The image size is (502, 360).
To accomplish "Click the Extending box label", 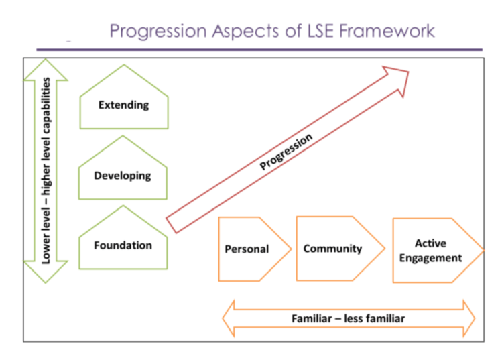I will (x=123, y=105).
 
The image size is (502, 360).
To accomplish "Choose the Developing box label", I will (x=123, y=176).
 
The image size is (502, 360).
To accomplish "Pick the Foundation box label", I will (x=123, y=245).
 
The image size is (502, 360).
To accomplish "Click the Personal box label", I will (x=247, y=249).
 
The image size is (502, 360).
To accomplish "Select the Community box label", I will (x=332, y=249).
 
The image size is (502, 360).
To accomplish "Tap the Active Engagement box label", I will (x=430, y=251).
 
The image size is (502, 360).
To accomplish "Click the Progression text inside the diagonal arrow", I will (x=286, y=153).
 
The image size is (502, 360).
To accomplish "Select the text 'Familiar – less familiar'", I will (x=348, y=318).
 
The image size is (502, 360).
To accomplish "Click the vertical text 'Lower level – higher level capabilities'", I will (x=46, y=171).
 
